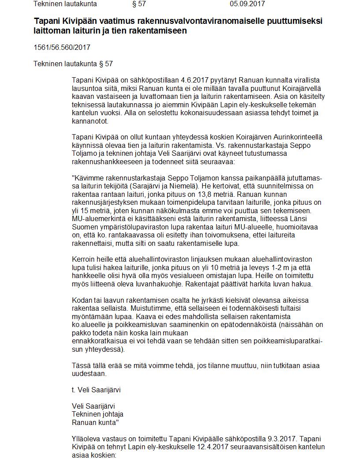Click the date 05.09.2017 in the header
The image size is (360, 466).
pos(247,4)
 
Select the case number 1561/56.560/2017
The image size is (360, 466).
pos(62,47)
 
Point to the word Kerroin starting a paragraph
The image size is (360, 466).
pos(83,259)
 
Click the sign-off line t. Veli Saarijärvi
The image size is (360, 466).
pos(96,390)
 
